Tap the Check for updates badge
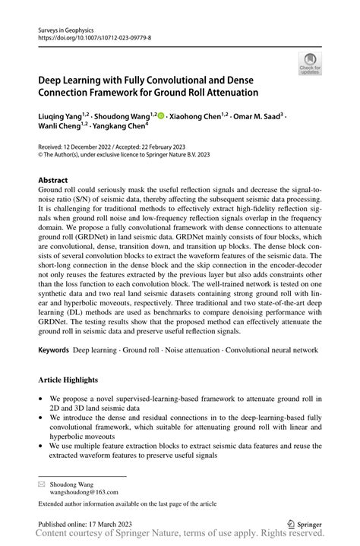tap(311, 65)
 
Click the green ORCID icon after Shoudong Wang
tap(162, 115)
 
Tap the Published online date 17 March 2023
tap(112, 522)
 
